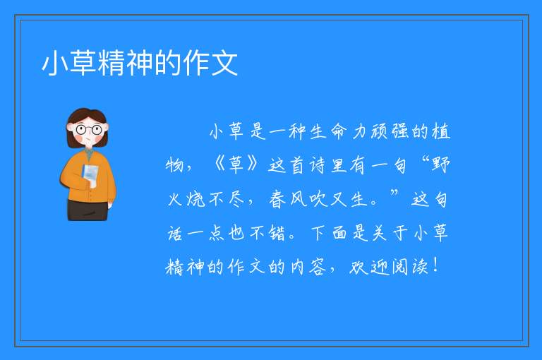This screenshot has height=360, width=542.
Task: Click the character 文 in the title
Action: [224, 63]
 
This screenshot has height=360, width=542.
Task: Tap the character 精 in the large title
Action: [112, 63]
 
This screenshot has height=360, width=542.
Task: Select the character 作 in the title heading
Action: [196, 63]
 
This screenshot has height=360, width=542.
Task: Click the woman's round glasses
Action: [88, 130]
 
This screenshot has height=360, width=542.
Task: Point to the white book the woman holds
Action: [90, 174]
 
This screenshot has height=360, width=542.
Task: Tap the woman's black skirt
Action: [87, 210]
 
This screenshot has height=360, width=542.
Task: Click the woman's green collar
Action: [89, 154]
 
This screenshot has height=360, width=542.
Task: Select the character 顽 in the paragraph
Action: [380, 131]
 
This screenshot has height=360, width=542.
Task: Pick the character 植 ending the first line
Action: [441, 131]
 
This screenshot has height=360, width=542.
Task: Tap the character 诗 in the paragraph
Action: [318, 165]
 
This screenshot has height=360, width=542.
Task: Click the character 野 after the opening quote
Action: [440, 165]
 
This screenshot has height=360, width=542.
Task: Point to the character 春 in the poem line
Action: [277, 200]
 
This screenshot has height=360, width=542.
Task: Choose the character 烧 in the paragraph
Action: [196, 200]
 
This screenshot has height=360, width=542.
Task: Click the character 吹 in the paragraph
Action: [318, 200]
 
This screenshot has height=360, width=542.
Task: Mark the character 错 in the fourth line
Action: [277, 233]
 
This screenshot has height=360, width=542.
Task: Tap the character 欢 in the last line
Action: [359, 267]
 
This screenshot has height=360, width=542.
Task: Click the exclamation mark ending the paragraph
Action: [435, 265]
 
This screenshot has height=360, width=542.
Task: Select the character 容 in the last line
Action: [318, 267]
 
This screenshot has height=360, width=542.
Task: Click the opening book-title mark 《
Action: [219, 164]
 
